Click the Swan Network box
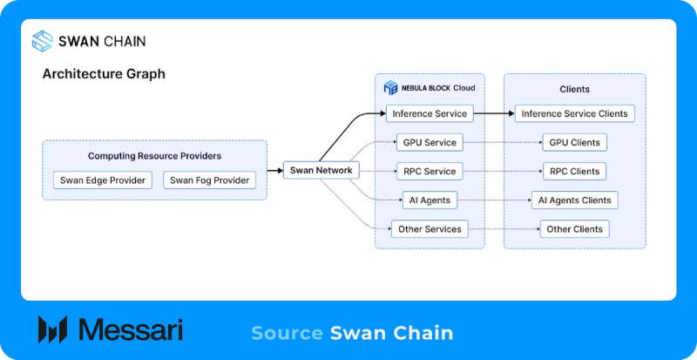tap(321, 170)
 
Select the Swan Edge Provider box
tap(103, 180)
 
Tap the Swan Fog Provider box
tap(209, 180)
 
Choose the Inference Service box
tap(430, 113)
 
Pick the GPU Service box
tap(430, 142)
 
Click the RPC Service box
tap(430, 172)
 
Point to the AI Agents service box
tap(430, 200)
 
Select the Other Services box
tap(430, 229)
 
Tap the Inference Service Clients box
tap(574, 113)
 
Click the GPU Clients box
tap(574, 142)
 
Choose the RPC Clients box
tap(574, 172)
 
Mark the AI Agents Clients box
tap(574, 200)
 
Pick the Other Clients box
tap(574, 229)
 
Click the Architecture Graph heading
tap(104, 74)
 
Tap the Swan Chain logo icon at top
tap(43, 41)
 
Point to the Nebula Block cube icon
tap(390, 88)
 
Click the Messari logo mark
tap(52, 329)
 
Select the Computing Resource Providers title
tap(154, 156)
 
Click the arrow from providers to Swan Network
tap(275, 170)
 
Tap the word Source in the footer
tap(287, 333)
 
